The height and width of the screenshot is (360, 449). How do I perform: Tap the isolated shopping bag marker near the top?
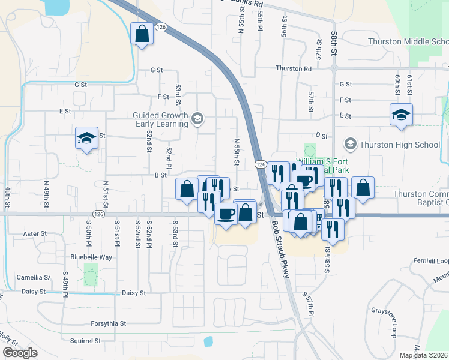pyautogui.click(x=142, y=35)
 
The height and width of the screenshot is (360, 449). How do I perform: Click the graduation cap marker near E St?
pyautogui.click(x=400, y=115)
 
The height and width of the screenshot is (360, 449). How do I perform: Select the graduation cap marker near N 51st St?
pyautogui.click(x=87, y=139)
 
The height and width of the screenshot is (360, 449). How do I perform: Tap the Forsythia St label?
pyautogui.click(x=108, y=323)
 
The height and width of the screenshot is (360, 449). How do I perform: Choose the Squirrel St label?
pyautogui.click(x=84, y=341)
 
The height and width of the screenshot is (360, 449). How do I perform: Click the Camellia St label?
pyautogui.click(x=34, y=278)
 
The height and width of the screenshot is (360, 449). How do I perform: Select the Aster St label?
pyautogui.click(x=34, y=233)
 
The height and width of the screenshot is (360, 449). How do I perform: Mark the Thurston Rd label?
pyautogui.click(x=294, y=68)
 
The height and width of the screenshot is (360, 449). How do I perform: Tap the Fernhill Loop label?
pyautogui.click(x=430, y=262)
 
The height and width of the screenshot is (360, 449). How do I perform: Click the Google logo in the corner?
pyautogui.click(x=19, y=353)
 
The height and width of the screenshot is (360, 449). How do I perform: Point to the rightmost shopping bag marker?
pyautogui.click(x=363, y=188)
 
